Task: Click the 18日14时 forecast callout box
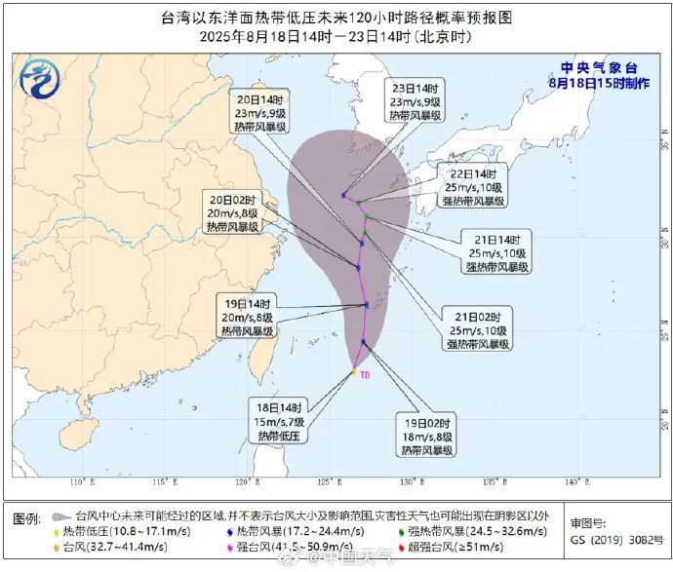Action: click(281, 422)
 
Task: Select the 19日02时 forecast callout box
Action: click(429, 438)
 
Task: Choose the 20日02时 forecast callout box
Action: click(231, 212)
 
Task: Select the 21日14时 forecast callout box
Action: click(496, 251)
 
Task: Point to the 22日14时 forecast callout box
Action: click(473, 186)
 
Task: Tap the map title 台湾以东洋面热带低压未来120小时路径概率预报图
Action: click(336, 18)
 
